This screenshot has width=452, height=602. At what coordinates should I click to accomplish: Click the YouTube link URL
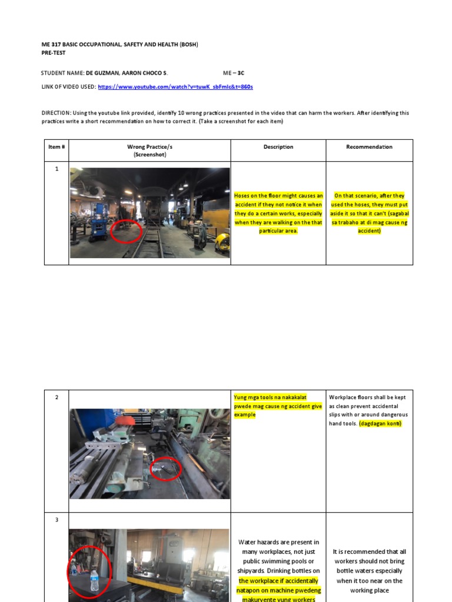pyautogui.click(x=175, y=86)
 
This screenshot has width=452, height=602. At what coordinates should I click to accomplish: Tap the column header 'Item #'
pyautogui.click(x=56, y=147)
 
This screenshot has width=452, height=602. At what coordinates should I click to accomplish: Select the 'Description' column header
pyautogui.click(x=278, y=147)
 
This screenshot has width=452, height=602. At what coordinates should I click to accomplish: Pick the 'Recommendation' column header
pyautogui.click(x=369, y=147)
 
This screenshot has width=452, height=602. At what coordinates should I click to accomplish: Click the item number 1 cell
pyautogui.click(x=56, y=169)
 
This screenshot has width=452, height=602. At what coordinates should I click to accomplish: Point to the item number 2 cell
pyautogui.click(x=56, y=397)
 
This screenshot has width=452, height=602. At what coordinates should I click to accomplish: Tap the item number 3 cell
pyautogui.click(x=56, y=520)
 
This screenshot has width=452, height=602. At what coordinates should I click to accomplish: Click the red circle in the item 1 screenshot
pyautogui.click(x=125, y=231)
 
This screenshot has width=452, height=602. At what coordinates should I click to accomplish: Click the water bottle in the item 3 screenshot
pyautogui.click(x=94, y=581)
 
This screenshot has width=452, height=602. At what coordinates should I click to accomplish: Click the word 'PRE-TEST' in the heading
pyautogui.click(x=54, y=52)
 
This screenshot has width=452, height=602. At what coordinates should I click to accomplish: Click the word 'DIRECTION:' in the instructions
pyautogui.click(x=56, y=113)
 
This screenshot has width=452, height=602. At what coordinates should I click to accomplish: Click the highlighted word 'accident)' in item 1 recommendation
pyautogui.click(x=369, y=231)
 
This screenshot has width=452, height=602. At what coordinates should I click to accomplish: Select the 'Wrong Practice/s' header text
pyautogui.click(x=149, y=147)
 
